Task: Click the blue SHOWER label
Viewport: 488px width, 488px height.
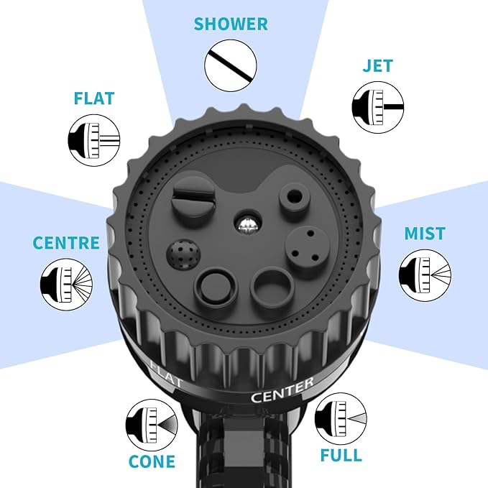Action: coord(231,24)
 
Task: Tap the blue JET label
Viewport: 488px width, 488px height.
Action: coord(377,65)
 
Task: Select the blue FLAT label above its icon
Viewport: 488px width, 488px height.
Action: coord(94,98)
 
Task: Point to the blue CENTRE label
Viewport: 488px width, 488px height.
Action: coord(66,243)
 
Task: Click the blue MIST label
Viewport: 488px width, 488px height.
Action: coord(425,234)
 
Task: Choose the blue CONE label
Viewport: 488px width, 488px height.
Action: coord(152,461)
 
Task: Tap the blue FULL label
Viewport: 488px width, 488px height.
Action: coord(341,456)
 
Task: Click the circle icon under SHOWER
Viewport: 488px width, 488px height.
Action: coord(231,65)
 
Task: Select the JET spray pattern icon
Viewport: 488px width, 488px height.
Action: coord(378,107)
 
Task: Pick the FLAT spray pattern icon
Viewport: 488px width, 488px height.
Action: coord(94,140)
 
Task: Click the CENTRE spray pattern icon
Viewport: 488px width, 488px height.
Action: coord(66,285)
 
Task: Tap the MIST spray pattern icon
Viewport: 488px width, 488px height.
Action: coord(425,275)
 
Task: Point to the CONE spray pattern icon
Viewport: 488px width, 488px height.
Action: coord(152,425)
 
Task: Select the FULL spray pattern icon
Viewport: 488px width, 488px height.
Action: coord(341,419)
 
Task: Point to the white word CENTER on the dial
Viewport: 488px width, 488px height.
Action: coord(282,391)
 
